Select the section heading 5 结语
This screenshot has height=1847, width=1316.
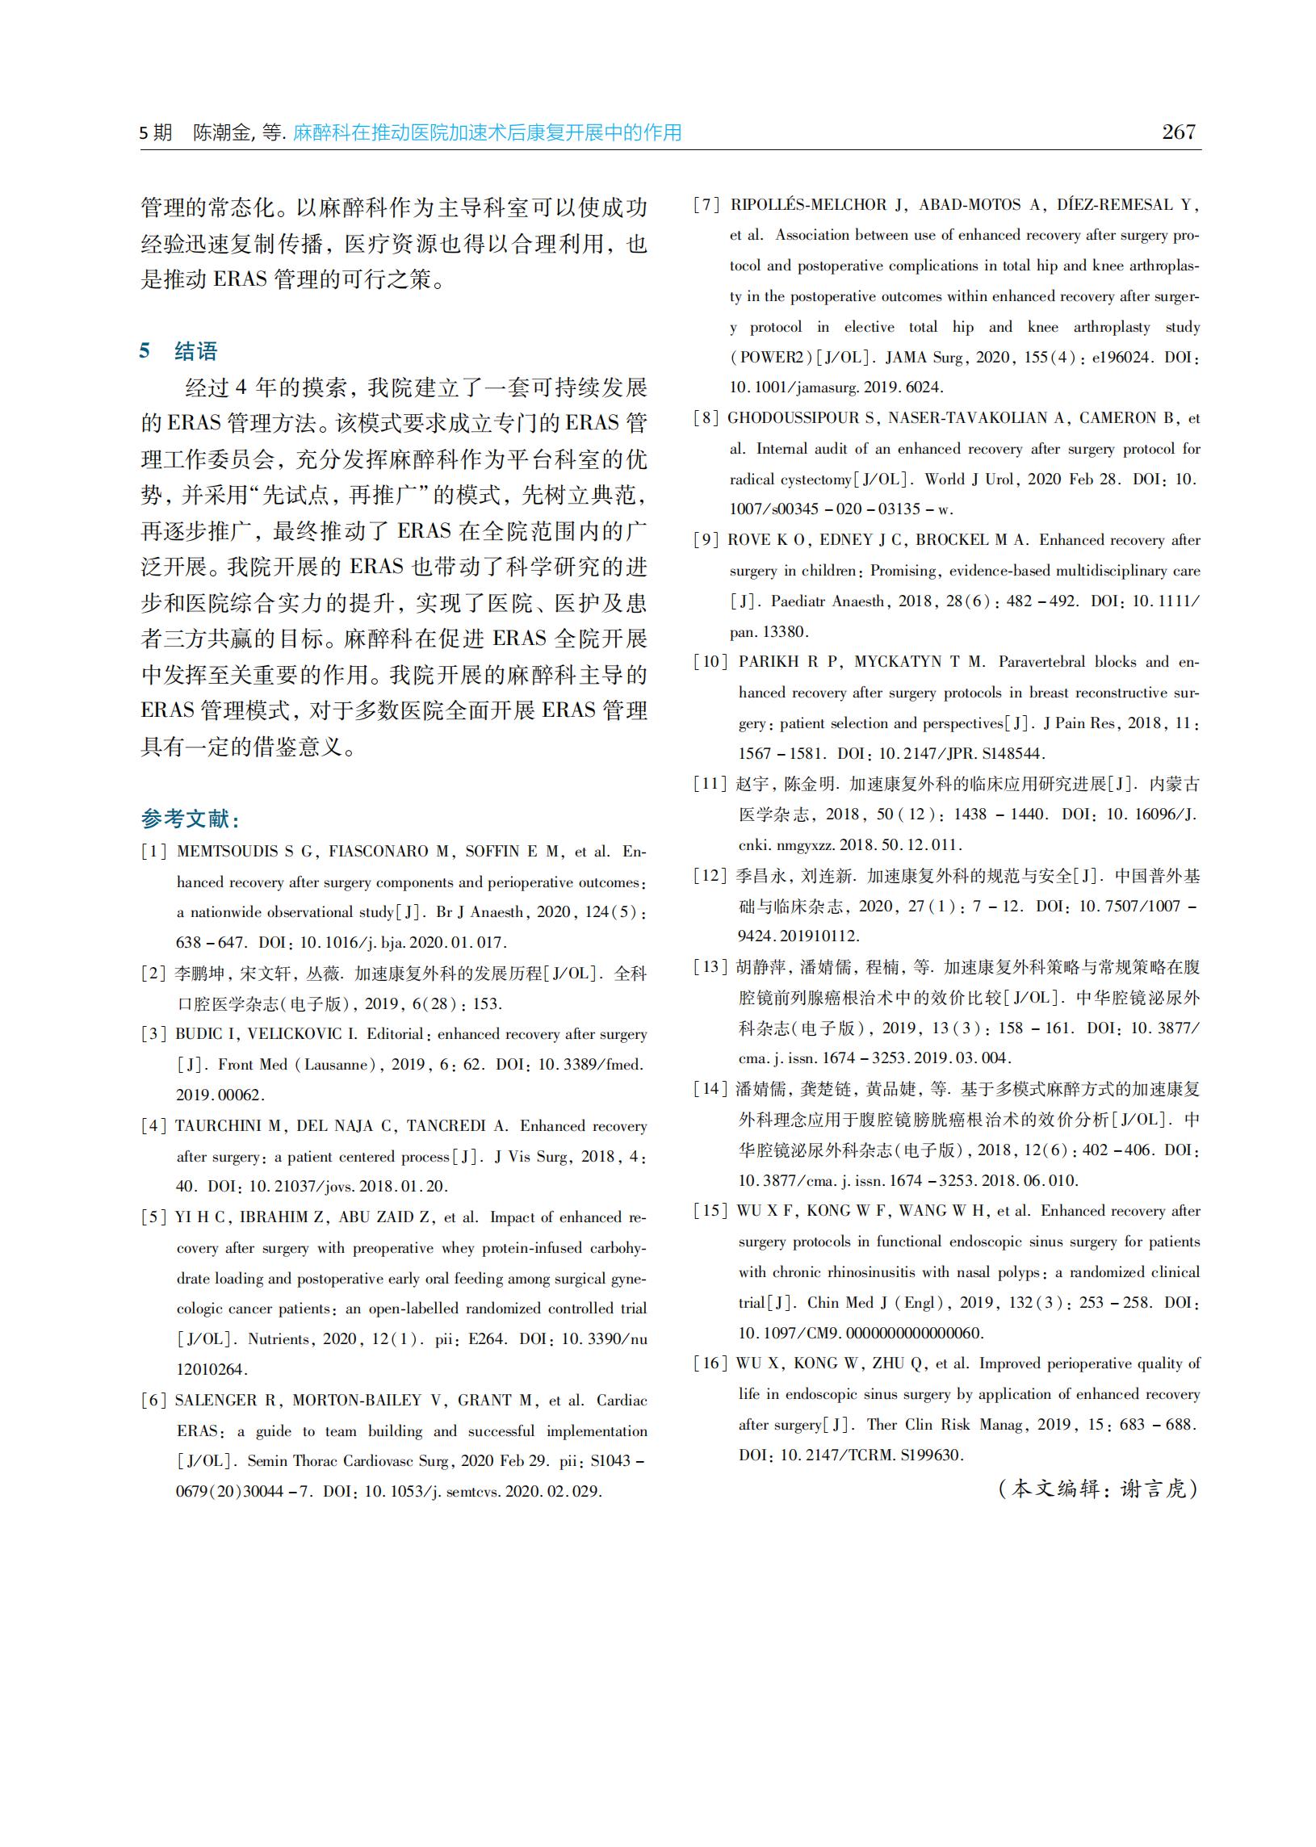178,351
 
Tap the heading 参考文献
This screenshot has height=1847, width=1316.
190,819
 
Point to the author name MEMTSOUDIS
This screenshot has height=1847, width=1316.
228,852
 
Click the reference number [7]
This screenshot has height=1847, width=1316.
706,205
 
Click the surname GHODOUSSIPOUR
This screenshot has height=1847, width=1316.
795,418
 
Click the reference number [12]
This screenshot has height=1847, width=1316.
710,876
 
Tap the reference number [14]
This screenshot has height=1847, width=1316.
710,1089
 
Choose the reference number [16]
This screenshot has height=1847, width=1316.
710,1363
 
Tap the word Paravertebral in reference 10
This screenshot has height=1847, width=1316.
1042,662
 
